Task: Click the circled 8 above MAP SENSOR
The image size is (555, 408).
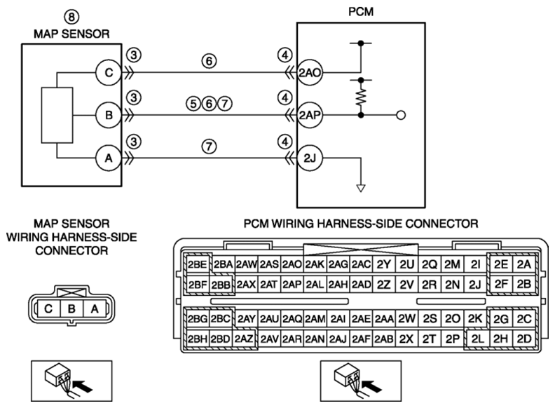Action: (71, 17)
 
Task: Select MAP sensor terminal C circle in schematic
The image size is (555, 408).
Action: (109, 73)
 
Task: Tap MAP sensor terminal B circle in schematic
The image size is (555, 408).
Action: (109, 115)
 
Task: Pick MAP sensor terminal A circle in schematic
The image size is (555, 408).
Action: (109, 158)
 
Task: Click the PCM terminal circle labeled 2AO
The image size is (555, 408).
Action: (310, 73)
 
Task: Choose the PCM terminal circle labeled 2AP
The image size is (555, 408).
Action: (310, 115)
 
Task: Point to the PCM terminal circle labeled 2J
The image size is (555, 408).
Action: (310, 158)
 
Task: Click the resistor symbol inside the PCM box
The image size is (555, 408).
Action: (361, 97)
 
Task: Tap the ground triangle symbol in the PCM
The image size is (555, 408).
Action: (361, 188)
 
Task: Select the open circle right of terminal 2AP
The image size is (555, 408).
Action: (401, 115)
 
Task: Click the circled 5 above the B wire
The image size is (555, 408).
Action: (193, 104)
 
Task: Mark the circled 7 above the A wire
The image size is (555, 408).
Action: (210, 147)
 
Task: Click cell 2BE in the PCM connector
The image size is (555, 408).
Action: (198, 264)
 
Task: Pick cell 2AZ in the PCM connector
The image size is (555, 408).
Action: (244, 339)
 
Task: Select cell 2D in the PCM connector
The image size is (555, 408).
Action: (524, 339)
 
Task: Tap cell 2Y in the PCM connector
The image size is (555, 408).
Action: (383, 264)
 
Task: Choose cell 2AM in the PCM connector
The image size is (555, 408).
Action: (315, 319)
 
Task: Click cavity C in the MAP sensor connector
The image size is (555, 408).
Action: (48, 309)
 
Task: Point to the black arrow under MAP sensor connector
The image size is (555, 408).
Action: (83, 386)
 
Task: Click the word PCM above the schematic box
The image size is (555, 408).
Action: (361, 12)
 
